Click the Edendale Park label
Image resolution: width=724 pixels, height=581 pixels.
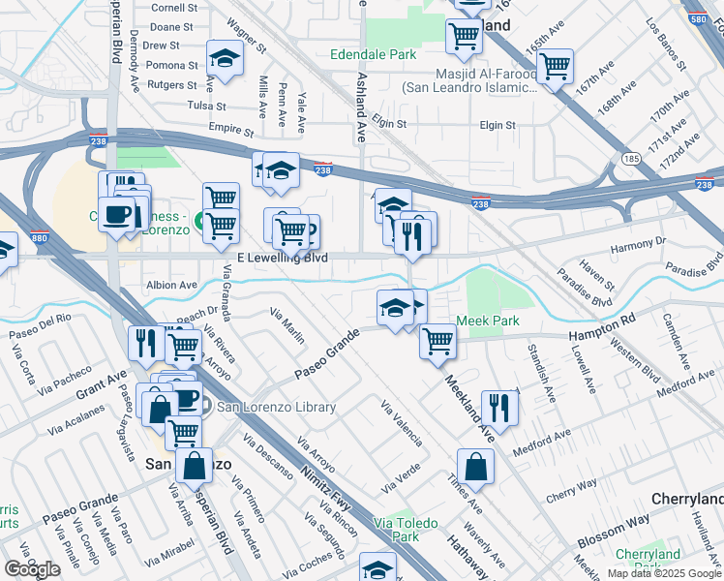click(374, 55)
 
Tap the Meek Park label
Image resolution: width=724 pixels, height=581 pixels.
click(488, 321)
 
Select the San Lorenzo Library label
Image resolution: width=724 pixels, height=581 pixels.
click(276, 407)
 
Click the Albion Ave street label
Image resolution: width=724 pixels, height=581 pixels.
click(170, 285)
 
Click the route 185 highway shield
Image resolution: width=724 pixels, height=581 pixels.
click(631, 157)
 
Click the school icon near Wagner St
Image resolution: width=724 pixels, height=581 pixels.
click(225, 59)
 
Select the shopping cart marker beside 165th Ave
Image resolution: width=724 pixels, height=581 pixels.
click(555, 67)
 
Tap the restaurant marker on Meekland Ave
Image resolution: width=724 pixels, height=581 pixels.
click(499, 406)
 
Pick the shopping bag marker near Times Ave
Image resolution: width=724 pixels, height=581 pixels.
click(476, 468)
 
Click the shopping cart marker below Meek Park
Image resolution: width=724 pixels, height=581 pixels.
click(437, 341)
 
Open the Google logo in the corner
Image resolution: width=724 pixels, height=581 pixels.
click(32, 568)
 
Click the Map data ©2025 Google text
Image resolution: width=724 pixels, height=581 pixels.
click(664, 573)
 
